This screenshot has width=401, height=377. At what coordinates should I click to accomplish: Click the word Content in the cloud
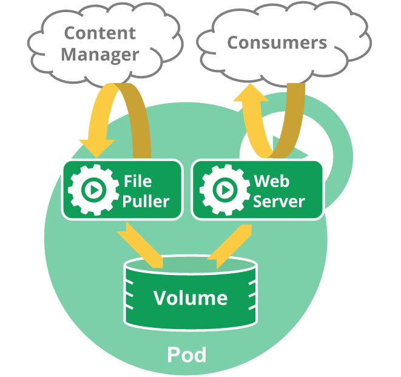[x=99, y=33]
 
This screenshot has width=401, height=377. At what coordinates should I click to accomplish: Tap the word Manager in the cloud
[x=100, y=55]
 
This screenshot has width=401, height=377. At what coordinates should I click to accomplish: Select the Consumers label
[x=277, y=42]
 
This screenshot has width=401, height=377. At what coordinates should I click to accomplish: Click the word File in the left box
[x=138, y=181]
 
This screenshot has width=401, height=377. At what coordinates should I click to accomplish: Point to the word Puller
[x=146, y=201]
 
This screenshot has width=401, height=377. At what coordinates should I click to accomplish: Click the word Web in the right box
[x=272, y=181]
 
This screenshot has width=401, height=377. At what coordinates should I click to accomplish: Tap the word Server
[x=278, y=201]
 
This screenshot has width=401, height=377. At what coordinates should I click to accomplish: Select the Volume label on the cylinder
[x=190, y=297]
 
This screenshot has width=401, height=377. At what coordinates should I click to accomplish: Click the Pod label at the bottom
[x=187, y=355]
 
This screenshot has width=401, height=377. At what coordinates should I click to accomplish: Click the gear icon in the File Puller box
[x=93, y=189]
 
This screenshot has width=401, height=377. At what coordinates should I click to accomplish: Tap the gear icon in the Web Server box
[x=225, y=189]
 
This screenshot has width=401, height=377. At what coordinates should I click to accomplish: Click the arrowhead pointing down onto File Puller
[x=97, y=149]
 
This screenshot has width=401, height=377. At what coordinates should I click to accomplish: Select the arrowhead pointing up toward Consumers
[x=251, y=92]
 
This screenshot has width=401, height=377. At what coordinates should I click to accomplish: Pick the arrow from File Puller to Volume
[x=140, y=245]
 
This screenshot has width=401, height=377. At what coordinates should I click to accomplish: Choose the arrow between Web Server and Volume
[x=229, y=246]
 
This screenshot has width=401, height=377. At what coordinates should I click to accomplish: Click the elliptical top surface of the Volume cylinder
[x=190, y=265]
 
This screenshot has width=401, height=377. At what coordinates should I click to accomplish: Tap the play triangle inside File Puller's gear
[x=95, y=190]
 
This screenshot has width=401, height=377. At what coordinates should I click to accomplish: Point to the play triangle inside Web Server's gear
[x=226, y=190]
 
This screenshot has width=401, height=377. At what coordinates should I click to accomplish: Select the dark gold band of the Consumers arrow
[x=291, y=120]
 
